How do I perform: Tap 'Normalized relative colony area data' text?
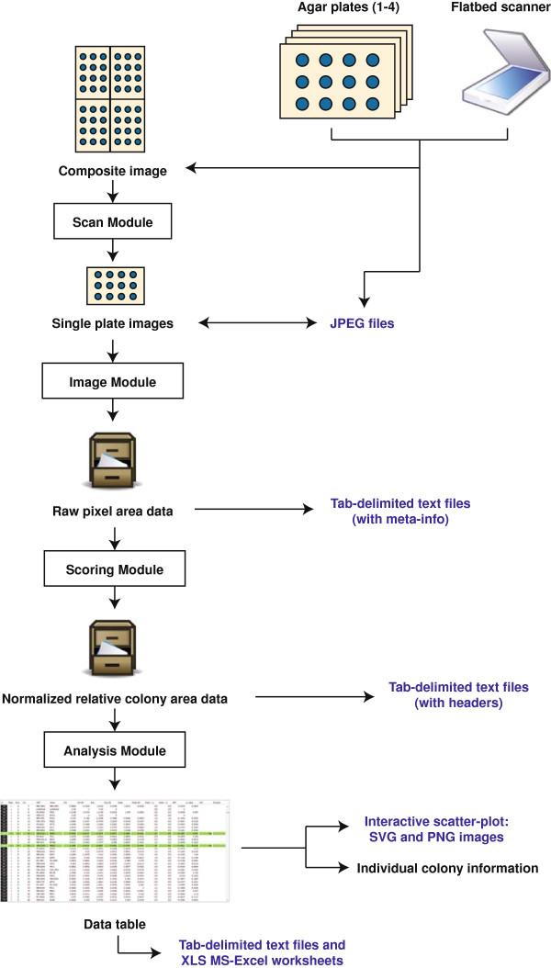click(115, 699)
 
